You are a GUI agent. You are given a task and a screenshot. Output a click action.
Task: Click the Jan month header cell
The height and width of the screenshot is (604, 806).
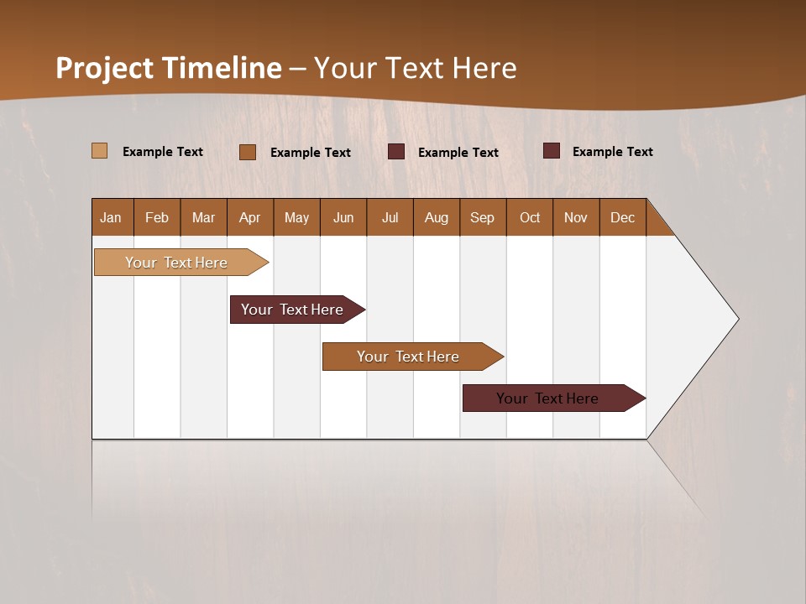coord(112,217)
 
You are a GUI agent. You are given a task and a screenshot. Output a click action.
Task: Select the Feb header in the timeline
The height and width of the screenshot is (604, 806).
coord(157,217)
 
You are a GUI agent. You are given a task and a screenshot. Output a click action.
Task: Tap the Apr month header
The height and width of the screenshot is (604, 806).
coord(250,217)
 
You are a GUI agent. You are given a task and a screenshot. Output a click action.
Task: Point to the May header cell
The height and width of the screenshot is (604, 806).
coord(296,217)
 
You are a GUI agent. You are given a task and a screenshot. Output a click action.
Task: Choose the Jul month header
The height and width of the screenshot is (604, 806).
coord(390,217)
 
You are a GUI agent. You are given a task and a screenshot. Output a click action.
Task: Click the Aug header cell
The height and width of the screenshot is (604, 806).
coord(437,217)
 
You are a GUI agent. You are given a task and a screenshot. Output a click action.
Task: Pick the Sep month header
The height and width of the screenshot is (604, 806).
coord(483,217)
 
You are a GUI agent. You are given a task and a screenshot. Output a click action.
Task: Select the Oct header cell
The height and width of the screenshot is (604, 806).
coord(530,217)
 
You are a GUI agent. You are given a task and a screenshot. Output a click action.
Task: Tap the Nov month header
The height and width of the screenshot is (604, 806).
coord(576,217)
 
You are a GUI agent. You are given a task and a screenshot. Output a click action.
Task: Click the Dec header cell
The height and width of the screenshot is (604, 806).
coord(623,217)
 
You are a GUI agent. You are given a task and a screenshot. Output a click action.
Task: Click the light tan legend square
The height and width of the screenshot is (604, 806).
coord(100,151)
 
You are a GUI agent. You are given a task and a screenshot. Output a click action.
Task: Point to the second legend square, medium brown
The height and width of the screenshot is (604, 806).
coord(248,152)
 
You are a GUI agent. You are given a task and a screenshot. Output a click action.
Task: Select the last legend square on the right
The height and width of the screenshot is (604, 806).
coord(552,151)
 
